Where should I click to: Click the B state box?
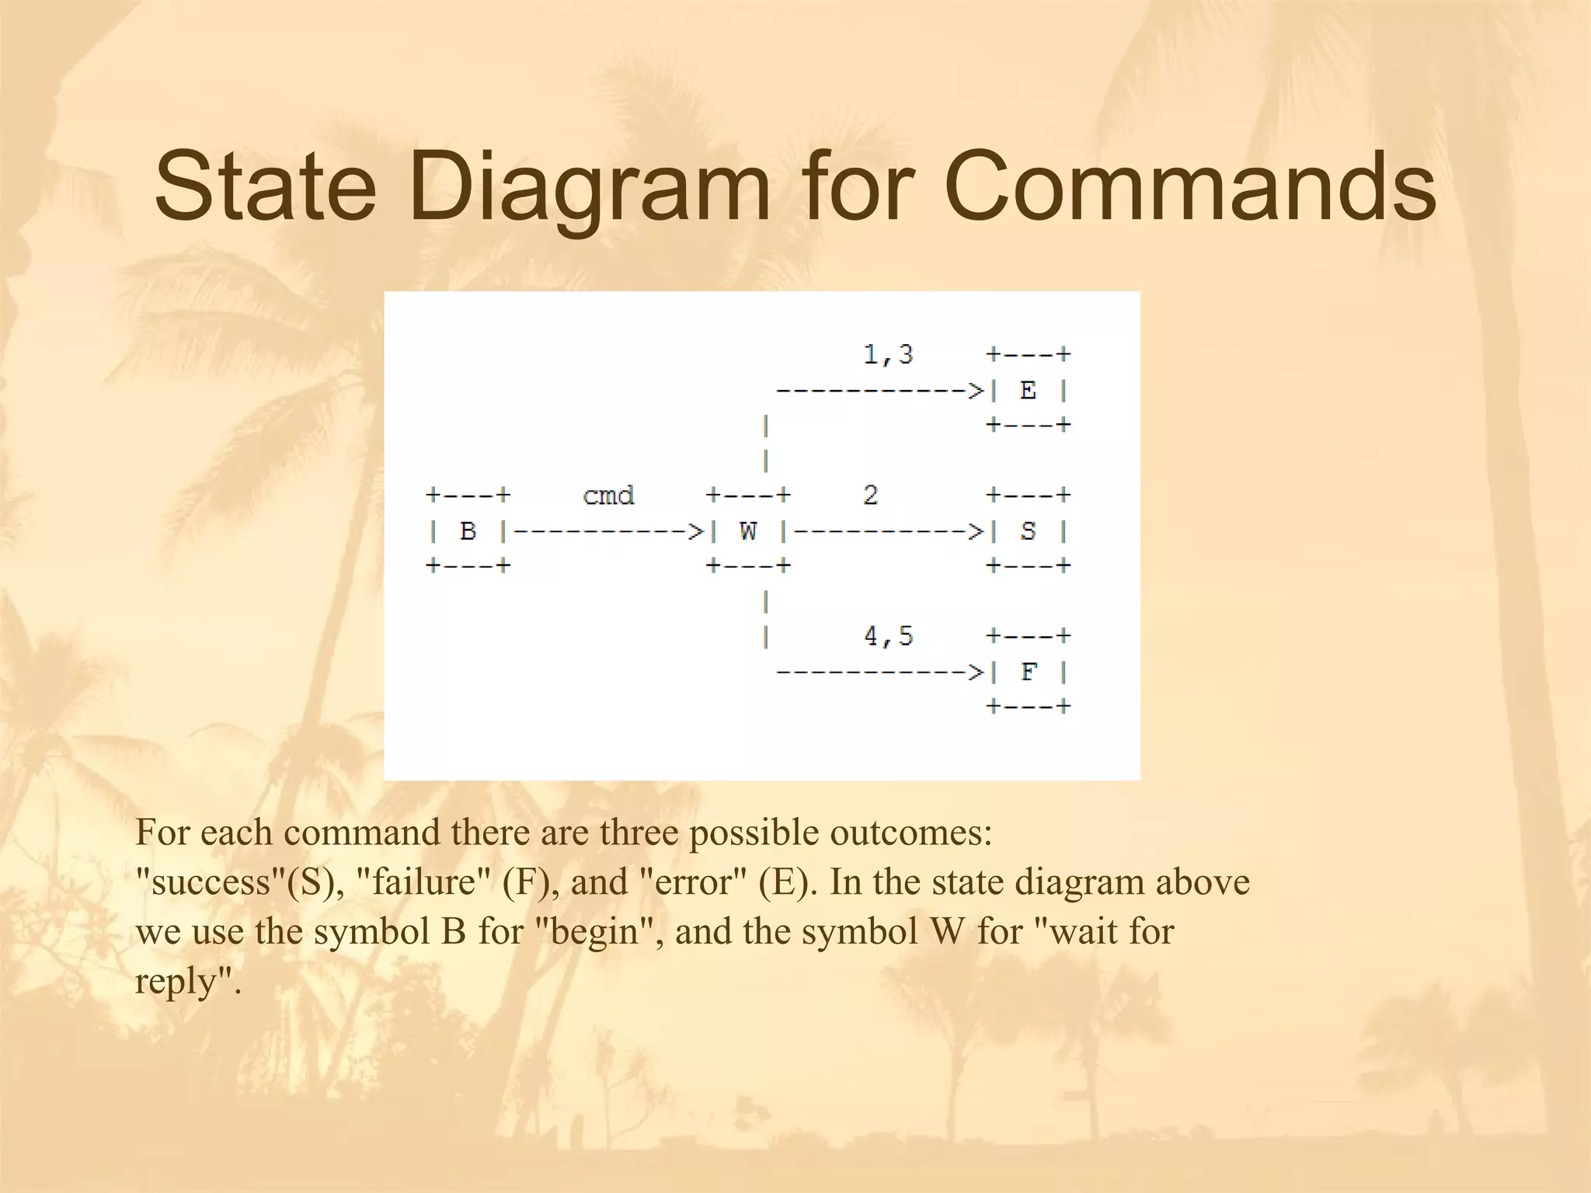coord(468,531)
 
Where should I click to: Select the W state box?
coord(748,531)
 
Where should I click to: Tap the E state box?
coord(1028,391)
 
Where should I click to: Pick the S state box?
coord(1028,531)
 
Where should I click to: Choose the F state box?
coord(1028,672)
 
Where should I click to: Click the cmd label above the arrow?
coord(608,496)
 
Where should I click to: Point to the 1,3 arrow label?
coord(888,355)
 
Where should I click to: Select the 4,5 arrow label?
coord(888,637)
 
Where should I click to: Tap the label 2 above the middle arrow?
coord(870,496)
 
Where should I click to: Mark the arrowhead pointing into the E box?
coord(976,391)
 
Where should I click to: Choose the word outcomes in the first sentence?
coord(910,833)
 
